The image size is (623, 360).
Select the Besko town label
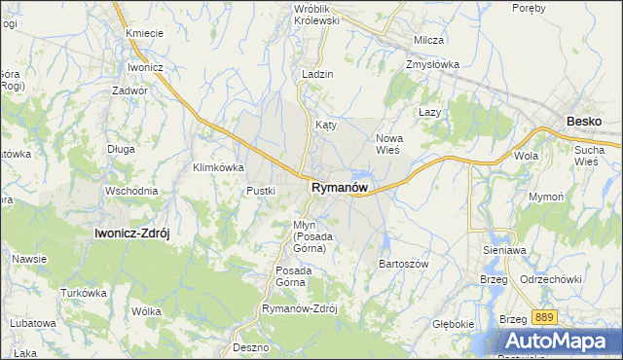point(584,122)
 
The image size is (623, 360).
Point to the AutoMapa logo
point(563,341)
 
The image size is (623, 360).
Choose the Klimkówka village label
point(218,167)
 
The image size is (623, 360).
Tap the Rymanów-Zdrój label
point(299,308)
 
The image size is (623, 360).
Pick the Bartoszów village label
point(403,264)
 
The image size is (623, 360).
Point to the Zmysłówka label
point(432,65)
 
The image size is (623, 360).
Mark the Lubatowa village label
point(33,322)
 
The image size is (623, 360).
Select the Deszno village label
point(250,346)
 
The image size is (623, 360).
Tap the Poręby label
point(529,8)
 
